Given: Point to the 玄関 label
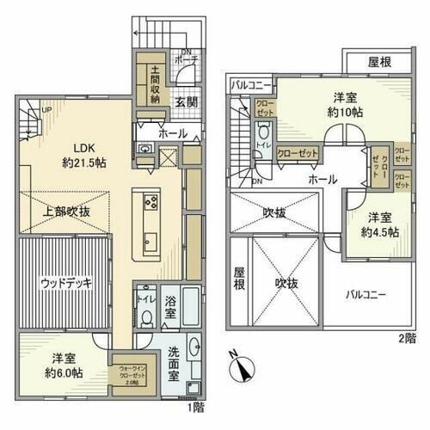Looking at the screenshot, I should tap(187, 102).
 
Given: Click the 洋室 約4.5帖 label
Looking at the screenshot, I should tap(379, 224).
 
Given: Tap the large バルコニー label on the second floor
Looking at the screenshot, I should tap(365, 294).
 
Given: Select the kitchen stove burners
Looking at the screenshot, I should tap(150, 204).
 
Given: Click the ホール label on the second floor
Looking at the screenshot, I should tap(322, 179).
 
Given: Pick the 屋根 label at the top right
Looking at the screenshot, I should tap(381, 63).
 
